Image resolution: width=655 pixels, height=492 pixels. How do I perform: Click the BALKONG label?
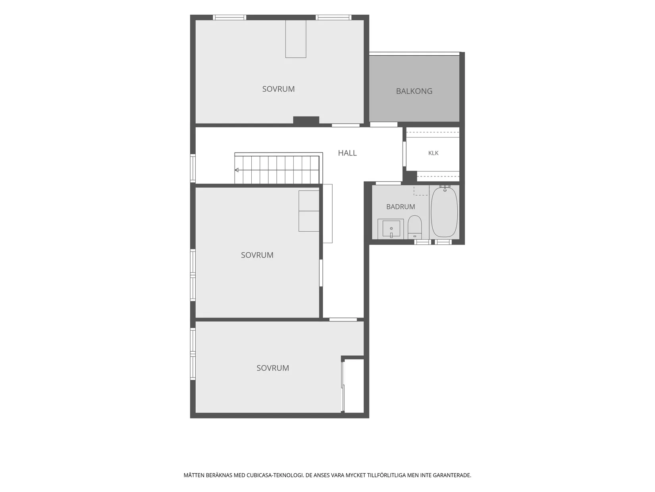(x=414, y=91)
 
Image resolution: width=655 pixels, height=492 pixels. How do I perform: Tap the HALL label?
(x=347, y=153)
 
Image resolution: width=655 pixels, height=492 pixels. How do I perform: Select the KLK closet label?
(x=433, y=153)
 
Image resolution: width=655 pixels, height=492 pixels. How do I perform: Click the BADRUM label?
(x=401, y=207)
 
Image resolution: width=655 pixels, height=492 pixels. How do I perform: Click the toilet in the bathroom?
(x=414, y=227)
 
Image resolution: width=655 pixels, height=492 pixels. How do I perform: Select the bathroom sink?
(x=391, y=229)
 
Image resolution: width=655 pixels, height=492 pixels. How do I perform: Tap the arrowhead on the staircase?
(x=237, y=170)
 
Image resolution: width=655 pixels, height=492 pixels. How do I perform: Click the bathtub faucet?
(x=445, y=188)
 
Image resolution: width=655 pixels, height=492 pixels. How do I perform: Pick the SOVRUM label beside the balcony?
(x=278, y=89)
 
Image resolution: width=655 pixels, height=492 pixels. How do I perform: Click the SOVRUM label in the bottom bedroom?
(x=273, y=368)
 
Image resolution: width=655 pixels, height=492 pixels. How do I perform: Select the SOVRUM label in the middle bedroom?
(x=257, y=255)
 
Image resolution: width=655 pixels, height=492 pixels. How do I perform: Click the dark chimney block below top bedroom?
(x=306, y=120)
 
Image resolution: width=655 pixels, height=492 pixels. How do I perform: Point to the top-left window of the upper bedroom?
(x=229, y=17)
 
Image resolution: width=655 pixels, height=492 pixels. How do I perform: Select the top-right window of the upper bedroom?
(x=333, y=17)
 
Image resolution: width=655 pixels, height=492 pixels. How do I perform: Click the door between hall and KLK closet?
(x=405, y=154)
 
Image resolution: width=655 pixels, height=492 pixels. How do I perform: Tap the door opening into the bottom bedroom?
(x=343, y=320)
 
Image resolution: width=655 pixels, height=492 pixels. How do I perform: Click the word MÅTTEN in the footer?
(x=195, y=475)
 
